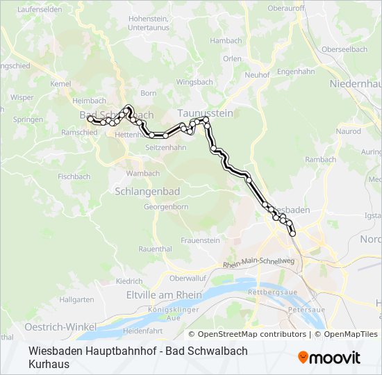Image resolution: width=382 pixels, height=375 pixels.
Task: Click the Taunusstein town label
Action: (205, 112)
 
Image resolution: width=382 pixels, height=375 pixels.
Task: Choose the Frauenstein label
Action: (200, 240)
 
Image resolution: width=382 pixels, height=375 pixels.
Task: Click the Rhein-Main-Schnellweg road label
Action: (260, 264)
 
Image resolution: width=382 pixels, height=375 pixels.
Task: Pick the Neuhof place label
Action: (257, 75)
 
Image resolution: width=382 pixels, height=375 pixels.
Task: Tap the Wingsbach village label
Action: (194, 82)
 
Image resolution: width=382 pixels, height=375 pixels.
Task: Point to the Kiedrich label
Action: (129, 281)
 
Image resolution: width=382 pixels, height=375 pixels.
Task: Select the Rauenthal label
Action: (155, 249)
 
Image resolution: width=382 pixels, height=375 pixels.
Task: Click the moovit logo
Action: (329, 358)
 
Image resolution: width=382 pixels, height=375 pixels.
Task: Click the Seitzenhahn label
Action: (165, 148)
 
